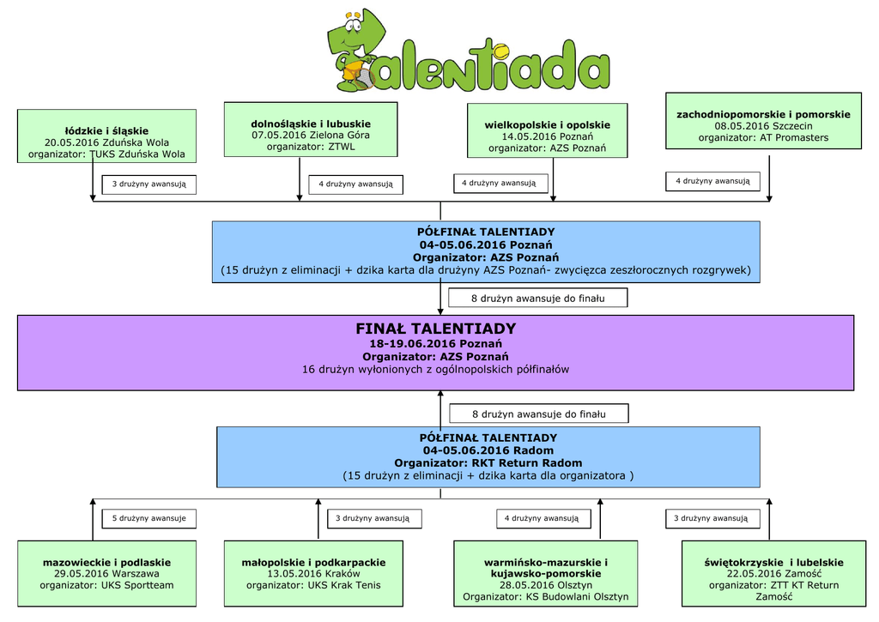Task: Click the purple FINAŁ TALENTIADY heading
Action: pos(435,329)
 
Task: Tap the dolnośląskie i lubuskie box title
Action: pos(311,124)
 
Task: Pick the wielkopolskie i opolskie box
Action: pos(547,130)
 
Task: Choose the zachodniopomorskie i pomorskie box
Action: pos(763,121)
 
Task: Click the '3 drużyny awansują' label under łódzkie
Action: pos(149,184)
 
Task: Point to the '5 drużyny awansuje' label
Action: pos(149,518)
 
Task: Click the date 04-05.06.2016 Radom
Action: pos(488,450)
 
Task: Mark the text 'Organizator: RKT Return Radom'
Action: pos(488,463)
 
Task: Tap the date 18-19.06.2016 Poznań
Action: pos(435,344)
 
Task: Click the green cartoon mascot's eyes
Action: pos(353,26)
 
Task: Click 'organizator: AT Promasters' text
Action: pos(763,137)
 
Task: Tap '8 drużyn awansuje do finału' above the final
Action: pos(538,299)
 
